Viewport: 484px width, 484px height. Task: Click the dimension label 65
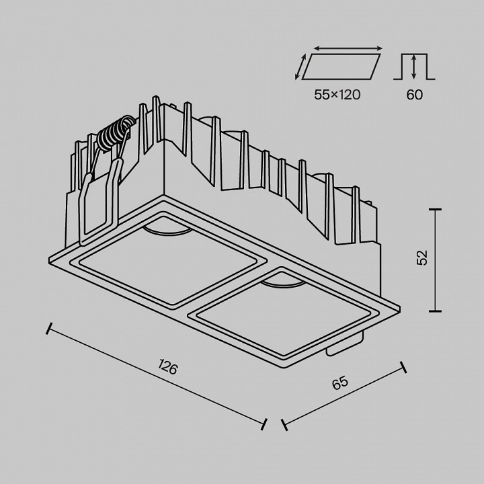(x=340, y=384)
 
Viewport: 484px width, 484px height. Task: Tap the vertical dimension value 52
(x=421, y=259)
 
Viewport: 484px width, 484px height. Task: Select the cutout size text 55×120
(x=337, y=95)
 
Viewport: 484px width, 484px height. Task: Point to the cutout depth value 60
(x=415, y=95)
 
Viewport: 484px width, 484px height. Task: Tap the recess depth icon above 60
(x=414, y=67)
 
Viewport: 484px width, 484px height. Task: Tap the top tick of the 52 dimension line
(x=435, y=210)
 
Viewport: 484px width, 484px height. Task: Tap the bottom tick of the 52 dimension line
(x=435, y=311)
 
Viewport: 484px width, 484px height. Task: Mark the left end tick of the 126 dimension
(x=48, y=329)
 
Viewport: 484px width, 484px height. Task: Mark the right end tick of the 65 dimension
(x=404, y=367)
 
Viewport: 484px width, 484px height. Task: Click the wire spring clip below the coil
(x=101, y=195)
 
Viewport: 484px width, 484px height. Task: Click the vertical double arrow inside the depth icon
(x=414, y=68)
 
